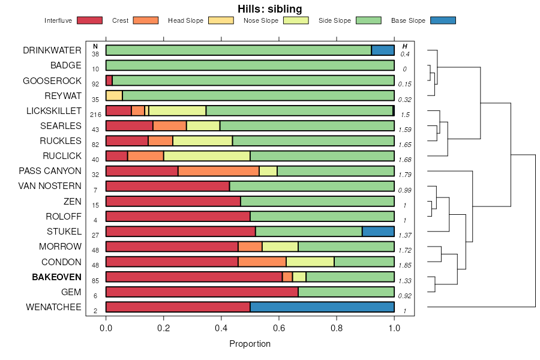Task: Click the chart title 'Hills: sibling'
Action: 269,8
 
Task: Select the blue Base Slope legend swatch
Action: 443,20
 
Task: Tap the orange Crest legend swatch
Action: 145,20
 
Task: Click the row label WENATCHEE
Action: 53,307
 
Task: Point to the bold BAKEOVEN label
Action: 56,277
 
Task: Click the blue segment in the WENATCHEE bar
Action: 322,307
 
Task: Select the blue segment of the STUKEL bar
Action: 378,232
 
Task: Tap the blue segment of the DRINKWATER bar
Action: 383,50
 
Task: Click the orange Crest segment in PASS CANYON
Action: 218,171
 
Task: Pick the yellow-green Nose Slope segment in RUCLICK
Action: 207,156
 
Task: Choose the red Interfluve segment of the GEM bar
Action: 202,292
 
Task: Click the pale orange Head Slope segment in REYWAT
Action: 114,95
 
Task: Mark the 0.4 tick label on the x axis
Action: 221,328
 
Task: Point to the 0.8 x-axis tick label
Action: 337,328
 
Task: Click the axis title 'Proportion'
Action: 250,344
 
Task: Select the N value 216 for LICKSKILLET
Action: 95,115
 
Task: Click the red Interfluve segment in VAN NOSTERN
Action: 167,186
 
